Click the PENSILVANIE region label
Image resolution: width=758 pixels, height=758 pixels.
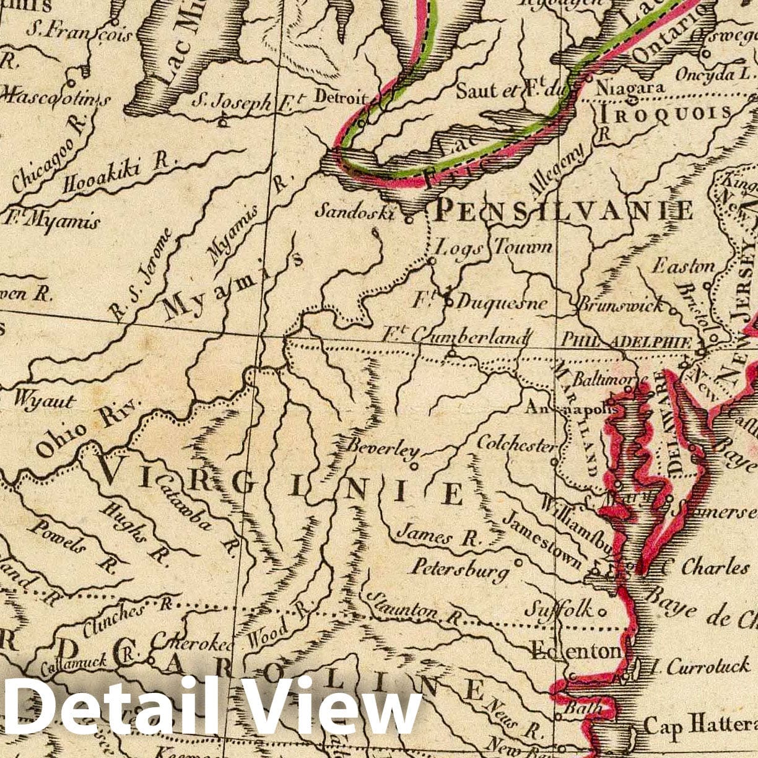tap(564, 211)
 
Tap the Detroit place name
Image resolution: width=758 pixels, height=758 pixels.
tap(341, 97)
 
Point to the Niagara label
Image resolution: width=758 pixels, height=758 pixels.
tap(630, 89)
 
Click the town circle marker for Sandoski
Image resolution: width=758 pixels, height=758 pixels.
tap(408, 219)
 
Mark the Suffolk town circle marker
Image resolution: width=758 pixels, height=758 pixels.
tap(601, 611)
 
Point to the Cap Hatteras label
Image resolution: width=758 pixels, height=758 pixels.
tap(700, 724)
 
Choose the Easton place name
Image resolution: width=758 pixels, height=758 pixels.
tap(684, 266)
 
